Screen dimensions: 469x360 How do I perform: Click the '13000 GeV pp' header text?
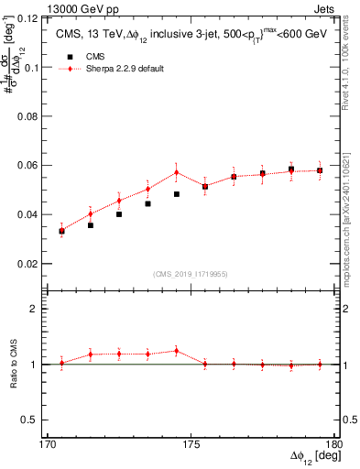[x=50, y=7]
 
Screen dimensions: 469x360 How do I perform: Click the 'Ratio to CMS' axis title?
[x=14, y=365]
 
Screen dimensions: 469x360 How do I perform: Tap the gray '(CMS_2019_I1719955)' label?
[x=191, y=273]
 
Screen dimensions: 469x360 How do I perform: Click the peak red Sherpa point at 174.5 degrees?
[x=177, y=172]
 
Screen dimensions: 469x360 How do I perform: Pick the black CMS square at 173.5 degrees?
[x=148, y=203]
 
